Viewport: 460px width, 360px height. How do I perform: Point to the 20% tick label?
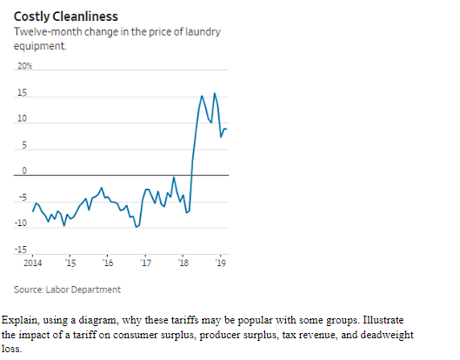pos(23,66)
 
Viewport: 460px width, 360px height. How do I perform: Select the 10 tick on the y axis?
pos(22,117)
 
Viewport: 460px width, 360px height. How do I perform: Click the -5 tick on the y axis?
pos(23,197)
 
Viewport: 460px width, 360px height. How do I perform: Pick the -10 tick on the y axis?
pos(21,223)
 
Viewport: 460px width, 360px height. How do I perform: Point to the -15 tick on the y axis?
pos(21,250)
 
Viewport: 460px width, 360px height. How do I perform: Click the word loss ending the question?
pos(10,347)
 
